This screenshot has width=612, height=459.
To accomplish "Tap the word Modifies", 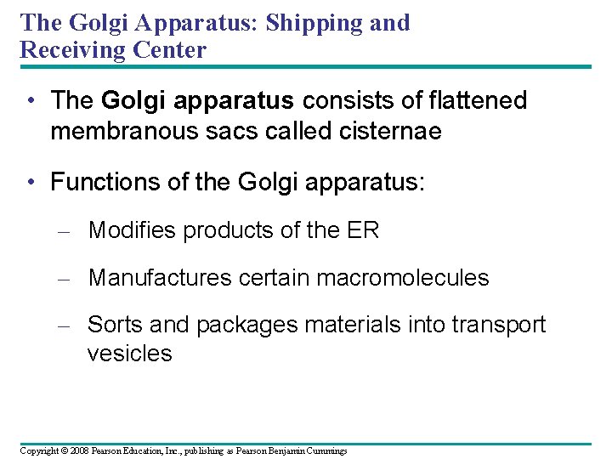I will [133, 229].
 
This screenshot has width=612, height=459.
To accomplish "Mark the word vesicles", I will [129, 354].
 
